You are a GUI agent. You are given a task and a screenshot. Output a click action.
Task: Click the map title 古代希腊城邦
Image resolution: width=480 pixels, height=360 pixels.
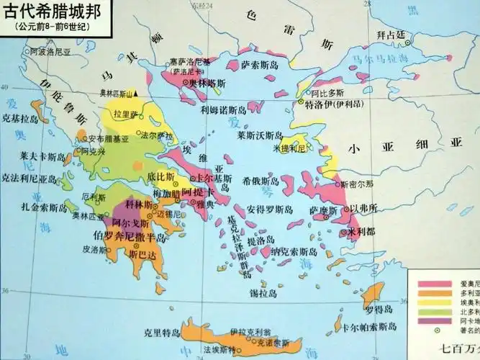click(x=48, y=13)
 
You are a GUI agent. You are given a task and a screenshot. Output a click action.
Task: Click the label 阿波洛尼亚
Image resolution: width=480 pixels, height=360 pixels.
click(x=50, y=53)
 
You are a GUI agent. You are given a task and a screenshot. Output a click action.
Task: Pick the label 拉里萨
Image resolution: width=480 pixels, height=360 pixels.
click(x=124, y=114)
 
